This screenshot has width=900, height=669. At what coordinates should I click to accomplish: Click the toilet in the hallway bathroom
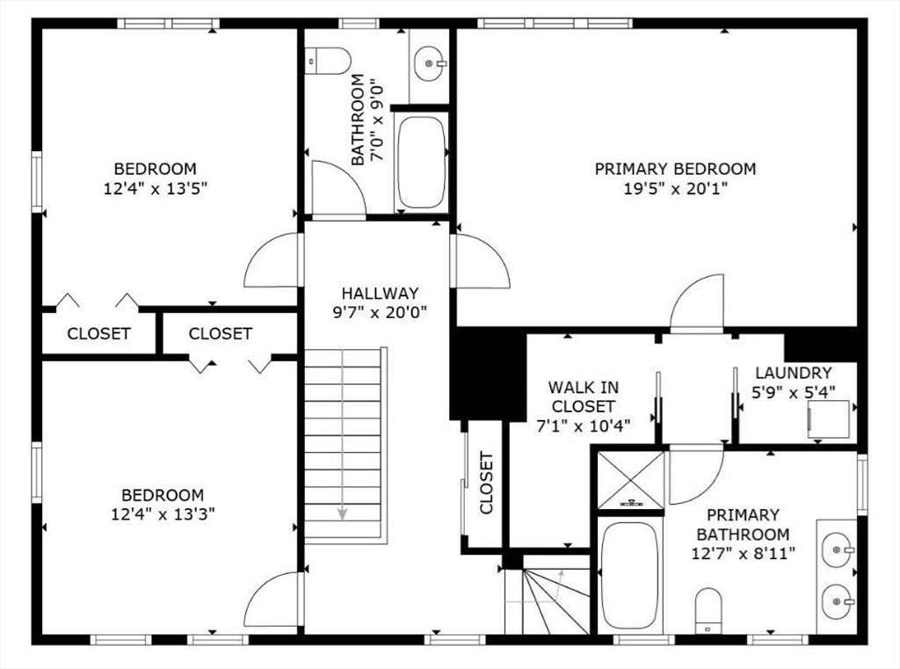(328, 61)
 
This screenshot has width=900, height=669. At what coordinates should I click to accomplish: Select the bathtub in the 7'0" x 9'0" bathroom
(421, 163)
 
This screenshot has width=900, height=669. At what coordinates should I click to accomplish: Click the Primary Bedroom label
(675, 169)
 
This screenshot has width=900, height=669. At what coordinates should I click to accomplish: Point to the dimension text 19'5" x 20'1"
(676, 188)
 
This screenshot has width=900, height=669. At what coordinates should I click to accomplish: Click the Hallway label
(380, 293)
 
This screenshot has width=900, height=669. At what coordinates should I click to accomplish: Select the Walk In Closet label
(584, 396)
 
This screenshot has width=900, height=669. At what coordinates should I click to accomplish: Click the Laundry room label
(794, 373)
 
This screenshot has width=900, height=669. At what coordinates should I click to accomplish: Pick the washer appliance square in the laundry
(829, 420)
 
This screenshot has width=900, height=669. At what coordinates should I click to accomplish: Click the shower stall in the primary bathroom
(631, 480)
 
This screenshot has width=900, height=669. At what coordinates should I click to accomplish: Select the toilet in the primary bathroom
(708, 609)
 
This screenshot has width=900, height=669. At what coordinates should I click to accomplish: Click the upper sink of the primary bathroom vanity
(838, 549)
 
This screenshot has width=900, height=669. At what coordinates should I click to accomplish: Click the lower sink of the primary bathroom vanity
(838, 601)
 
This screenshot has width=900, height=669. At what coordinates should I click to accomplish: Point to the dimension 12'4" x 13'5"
(155, 188)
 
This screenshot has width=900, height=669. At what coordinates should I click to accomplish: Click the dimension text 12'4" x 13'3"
(163, 514)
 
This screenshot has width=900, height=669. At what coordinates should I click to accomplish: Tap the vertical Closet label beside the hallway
(486, 483)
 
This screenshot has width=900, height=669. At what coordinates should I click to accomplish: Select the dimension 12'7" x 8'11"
(744, 554)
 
